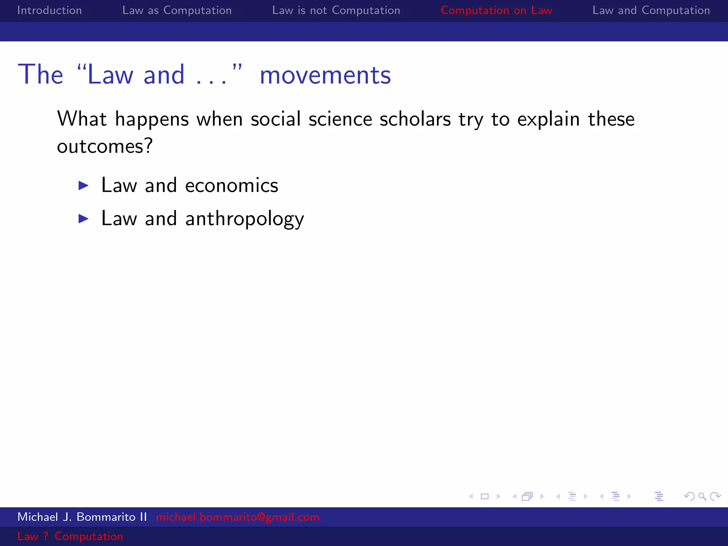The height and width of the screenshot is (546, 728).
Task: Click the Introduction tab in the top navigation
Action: click(x=49, y=10)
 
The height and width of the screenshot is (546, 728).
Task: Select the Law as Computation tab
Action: click(x=177, y=10)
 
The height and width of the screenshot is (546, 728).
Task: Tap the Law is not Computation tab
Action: click(x=336, y=10)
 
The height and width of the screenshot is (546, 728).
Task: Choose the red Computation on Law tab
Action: click(x=496, y=10)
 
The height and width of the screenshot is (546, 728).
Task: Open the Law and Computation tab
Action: click(x=651, y=10)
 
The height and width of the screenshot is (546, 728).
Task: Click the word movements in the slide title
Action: click(x=325, y=75)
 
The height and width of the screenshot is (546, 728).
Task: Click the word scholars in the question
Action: click(x=415, y=119)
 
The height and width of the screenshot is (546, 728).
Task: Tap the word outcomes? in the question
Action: click(x=105, y=146)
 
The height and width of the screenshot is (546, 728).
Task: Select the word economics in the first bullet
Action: click(x=231, y=186)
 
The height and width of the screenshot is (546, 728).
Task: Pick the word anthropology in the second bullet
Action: click(x=245, y=219)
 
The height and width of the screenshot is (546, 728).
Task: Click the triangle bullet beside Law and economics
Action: click(x=84, y=186)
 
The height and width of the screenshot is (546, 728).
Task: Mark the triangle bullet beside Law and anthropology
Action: click(x=84, y=219)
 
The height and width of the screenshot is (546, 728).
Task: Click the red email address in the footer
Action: click(x=237, y=517)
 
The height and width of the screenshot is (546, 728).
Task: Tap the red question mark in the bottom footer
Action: click(x=45, y=536)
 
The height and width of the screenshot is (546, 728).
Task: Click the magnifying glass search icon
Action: click(x=702, y=496)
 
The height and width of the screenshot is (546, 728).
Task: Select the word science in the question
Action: click(x=340, y=119)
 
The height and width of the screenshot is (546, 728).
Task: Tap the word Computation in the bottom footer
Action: click(x=89, y=536)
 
